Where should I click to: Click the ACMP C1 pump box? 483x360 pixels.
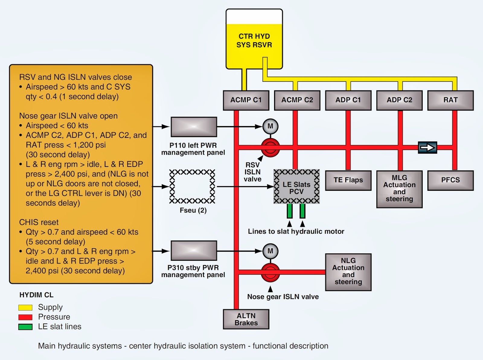(x=246, y=100)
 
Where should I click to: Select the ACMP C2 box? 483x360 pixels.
(x=297, y=100)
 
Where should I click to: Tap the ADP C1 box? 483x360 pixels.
(x=348, y=100)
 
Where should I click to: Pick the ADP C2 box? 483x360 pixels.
(x=399, y=100)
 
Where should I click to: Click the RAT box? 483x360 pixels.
(x=450, y=100)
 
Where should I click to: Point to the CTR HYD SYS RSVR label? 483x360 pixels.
(x=254, y=40)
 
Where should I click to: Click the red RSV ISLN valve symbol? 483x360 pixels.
(x=270, y=148)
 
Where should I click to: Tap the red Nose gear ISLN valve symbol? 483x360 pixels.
(x=270, y=272)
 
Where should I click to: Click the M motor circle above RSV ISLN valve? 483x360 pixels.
(x=270, y=126)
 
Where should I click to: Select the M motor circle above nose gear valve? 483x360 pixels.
(x=270, y=251)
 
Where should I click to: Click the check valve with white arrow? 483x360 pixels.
(x=427, y=148)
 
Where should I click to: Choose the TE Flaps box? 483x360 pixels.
(x=348, y=180)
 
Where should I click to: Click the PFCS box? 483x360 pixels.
(x=450, y=180)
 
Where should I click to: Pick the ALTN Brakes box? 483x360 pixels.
(x=246, y=319)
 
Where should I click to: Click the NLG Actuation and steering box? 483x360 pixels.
(x=348, y=272)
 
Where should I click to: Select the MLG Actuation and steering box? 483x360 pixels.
(x=399, y=189)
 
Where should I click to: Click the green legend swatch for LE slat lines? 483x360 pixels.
(x=25, y=327)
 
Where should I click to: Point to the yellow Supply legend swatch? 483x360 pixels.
(x=25, y=307)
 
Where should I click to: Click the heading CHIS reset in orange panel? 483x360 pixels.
(x=39, y=222)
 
